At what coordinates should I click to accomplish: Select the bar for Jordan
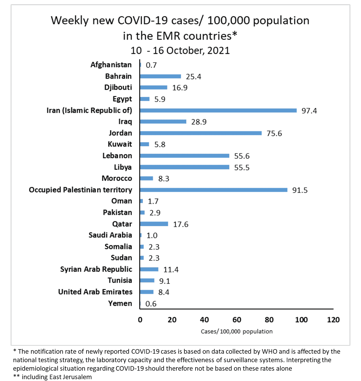tap(201, 133)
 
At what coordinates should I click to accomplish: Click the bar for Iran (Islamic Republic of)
tap(218, 110)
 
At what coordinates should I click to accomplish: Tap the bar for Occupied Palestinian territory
tap(214, 190)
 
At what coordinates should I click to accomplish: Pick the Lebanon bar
tap(184, 156)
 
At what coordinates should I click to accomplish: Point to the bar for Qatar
tap(154, 224)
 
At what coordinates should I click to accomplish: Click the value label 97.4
tap(309, 111)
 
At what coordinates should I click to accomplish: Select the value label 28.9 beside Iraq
tap(199, 122)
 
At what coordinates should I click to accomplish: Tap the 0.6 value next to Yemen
tap(151, 304)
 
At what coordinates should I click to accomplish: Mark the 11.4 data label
tap(171, 270)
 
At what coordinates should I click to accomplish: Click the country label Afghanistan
tap(111, 65)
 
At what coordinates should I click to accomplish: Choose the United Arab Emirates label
tap(95, 292)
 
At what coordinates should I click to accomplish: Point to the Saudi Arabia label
tap(110, 235)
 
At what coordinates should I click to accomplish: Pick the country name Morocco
tap(117, 178)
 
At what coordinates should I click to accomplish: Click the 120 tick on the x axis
tap(333, 320)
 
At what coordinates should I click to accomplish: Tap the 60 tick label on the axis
tap(237, 320)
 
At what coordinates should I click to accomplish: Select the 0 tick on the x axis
tap(140, 320)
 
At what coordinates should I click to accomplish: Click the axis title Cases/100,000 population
tap(237, 331)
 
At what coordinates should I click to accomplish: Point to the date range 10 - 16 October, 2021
tap(180, 50)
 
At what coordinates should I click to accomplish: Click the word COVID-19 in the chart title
tap(143, 20)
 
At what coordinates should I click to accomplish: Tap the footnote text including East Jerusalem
tap(56, 377)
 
